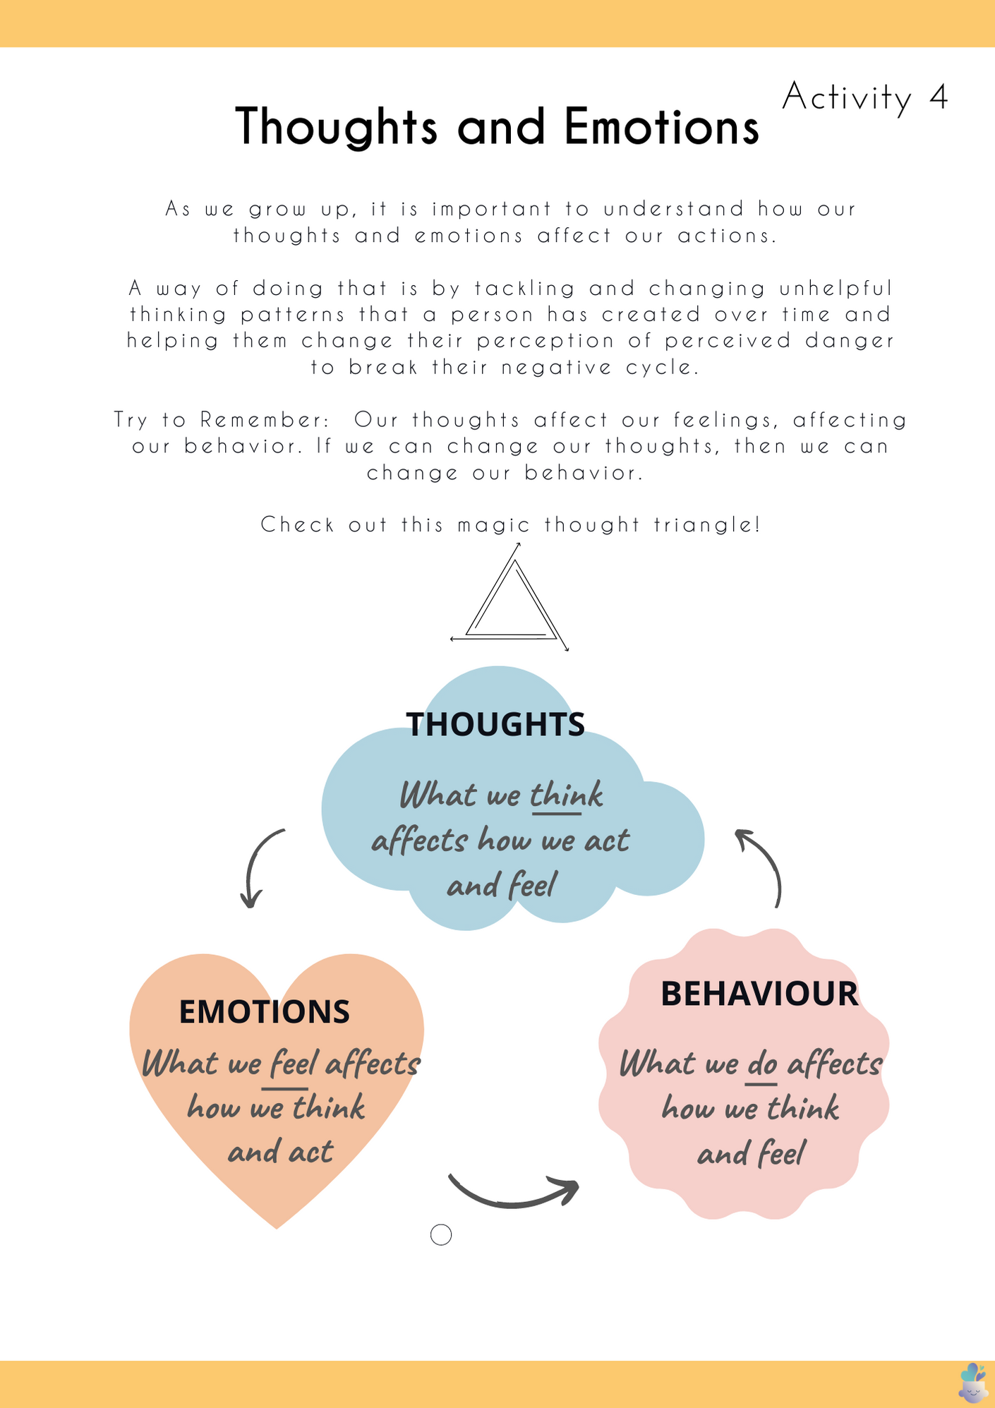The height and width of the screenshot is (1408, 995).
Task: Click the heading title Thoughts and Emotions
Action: coord(497,127)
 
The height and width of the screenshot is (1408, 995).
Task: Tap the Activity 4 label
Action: coord(864,97)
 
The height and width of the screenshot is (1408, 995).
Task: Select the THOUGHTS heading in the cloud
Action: coord(495,724)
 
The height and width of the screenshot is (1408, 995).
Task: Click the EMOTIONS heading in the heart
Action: coord(264,1011)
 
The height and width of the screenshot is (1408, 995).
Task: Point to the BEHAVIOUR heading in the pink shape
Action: coord(759,994)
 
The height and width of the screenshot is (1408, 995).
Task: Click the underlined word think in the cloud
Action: coord(566,795)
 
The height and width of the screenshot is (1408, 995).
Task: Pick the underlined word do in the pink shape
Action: coord(762,1064)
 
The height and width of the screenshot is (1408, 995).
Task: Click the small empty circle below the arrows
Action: coord(441,1234)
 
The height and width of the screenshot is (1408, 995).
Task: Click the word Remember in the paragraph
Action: coord(265,420)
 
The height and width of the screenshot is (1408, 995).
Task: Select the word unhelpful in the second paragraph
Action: coord(836,289)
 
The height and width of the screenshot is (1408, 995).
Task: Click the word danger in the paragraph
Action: coord(850,341)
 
